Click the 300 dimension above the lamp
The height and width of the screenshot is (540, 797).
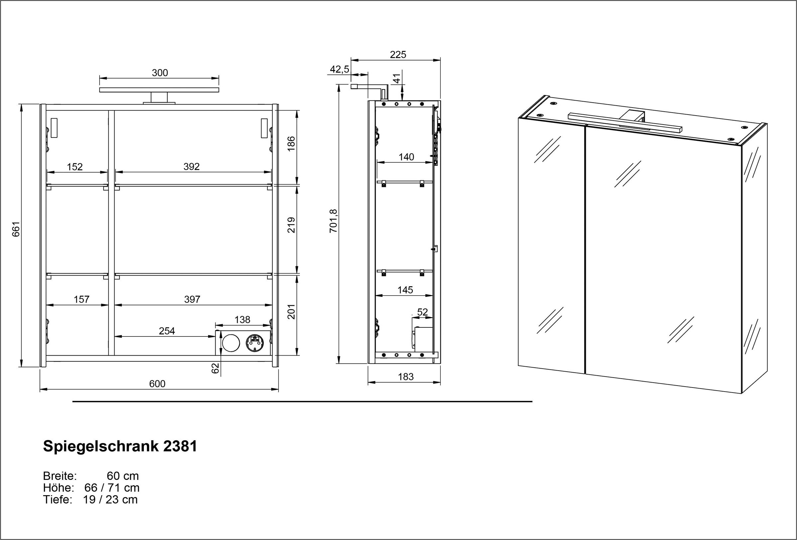(x=160, y=73)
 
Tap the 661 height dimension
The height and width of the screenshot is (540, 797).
(x=16, y=229)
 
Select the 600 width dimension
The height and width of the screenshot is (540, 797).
(x=157, y=384)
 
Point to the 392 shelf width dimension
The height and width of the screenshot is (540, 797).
(x=191, y=166)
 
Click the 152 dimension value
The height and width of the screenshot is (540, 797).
(x=75, y=167)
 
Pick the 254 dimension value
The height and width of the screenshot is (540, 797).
(x=167, y=331)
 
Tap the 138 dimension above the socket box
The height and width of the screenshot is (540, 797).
(x=242, y=319)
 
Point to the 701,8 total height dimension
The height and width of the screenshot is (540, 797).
(x=333, y=221)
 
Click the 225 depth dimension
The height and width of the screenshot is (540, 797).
(x=398, y=54)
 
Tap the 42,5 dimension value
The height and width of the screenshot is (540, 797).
(x=339, y=69)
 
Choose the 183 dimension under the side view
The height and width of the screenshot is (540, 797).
(x=406, y=377)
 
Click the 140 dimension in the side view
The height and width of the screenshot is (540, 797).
(x=406, y=157)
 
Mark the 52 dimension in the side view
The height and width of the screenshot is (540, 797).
(x=422, y=312)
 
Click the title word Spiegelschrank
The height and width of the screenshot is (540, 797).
(x=101, y=446)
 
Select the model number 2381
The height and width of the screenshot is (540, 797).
(x=180, y=446)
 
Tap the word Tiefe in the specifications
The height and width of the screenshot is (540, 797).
(x=57, y=499)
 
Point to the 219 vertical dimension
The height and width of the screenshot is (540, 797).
(x=291, y=225)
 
